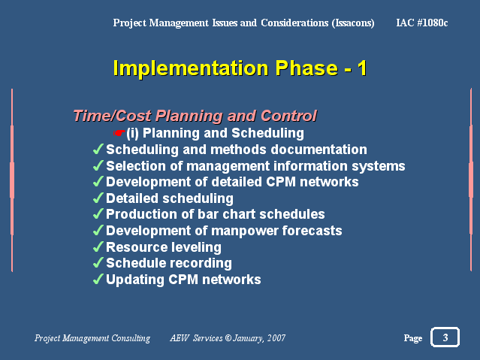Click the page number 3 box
(x=445, y=337)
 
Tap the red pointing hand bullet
(x=119, y=133)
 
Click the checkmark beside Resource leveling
(x=98, y=247)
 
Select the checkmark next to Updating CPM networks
(x=98, y=279)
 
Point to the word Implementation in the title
(x=191, y=68)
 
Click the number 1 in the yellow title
(x=362, y=68)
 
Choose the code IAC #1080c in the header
(x=422, y=23)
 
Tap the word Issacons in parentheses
(x=353, y=23)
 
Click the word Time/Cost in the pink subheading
(x=112, y=116)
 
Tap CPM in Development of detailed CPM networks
(x=281, y=182)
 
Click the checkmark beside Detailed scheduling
(x=98, y=198)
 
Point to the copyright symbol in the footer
(x=228, y=338)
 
